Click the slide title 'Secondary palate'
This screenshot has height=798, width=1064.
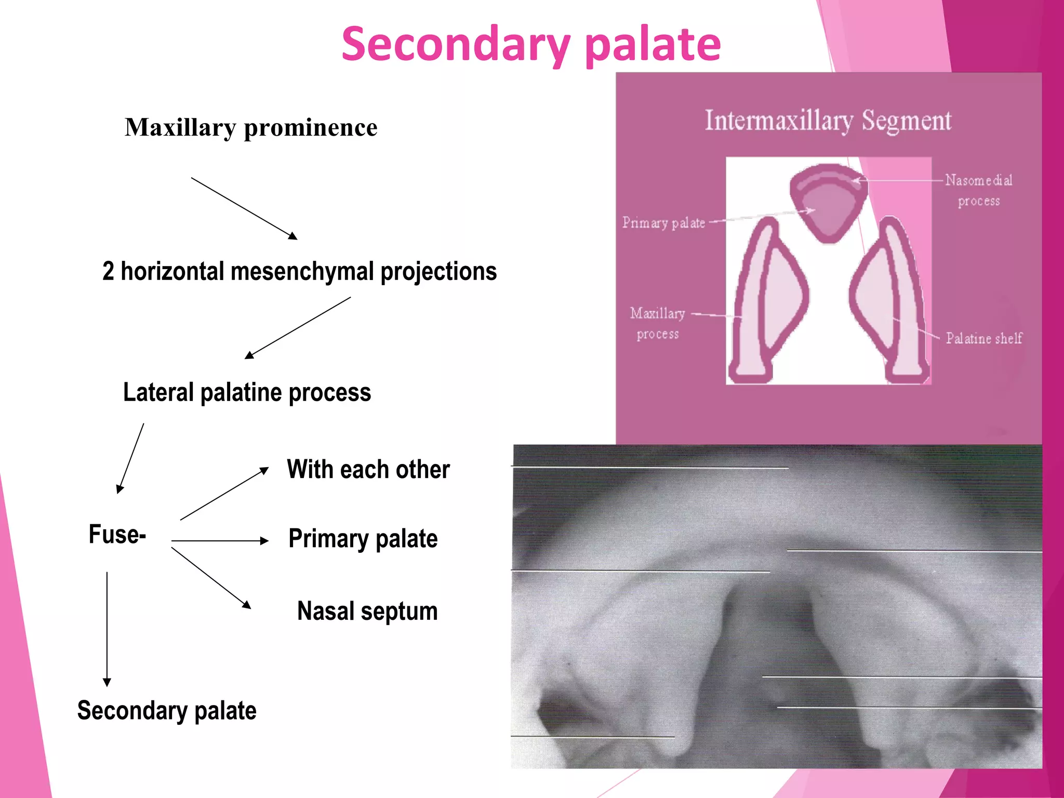point(531,45)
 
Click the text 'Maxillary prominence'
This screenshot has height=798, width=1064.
point(251,128)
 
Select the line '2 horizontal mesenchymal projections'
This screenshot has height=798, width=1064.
point(299,271)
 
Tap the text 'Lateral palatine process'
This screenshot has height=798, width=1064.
point(247,392)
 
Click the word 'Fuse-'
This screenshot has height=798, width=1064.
point(117,535)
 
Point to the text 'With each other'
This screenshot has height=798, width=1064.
point(368,470)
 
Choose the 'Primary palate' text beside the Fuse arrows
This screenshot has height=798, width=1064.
point(363,539)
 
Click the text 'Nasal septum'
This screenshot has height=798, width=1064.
point(367,611)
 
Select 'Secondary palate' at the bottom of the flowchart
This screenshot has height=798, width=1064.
point(167,711)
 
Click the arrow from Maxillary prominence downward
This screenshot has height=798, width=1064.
point(244,208)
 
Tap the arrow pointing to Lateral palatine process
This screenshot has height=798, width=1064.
point(298,328)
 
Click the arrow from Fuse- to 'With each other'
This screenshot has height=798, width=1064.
point(224,494)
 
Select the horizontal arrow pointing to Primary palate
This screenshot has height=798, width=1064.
point(220,541)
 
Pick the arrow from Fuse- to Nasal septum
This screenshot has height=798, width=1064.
point(211,578)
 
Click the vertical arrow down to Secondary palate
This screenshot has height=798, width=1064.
point(107,629)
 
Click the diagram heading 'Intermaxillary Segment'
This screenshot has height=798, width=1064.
point(828,121)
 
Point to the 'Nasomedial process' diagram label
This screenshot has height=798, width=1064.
point(978,190)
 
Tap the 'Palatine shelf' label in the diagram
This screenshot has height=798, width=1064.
point(983,339)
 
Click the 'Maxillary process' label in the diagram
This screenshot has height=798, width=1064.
point(658,323)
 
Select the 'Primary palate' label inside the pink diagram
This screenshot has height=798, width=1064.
point(663,223)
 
